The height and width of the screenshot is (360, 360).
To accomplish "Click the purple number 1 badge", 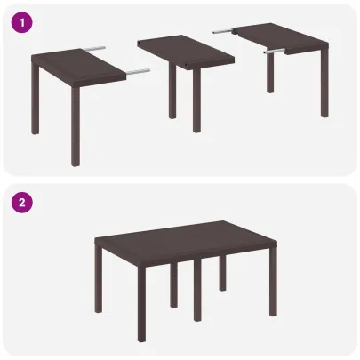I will coord(21,22).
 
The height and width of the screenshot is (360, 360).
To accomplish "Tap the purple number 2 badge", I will coord(21,203).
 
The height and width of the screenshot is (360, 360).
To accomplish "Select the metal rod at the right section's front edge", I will coord(277,52).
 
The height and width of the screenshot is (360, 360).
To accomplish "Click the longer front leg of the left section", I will coord(75,124).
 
